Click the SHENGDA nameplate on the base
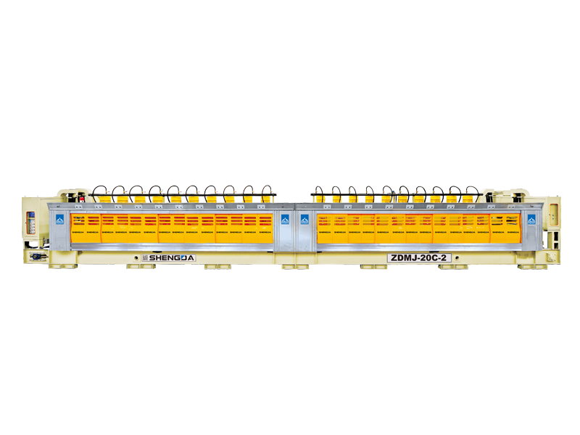click(169, 257)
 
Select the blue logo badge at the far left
click(59, 219)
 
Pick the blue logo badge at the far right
click(531, 220)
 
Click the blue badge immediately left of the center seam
click(285, 219)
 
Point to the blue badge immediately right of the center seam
click(304, 219)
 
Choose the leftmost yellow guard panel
click(86, 228)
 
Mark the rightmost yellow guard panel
click(505, 228)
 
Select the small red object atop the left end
click(83, 196)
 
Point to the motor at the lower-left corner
click(38, 255)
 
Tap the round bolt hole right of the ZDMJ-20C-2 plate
click(455, 257)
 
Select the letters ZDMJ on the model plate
click(403, 257)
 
